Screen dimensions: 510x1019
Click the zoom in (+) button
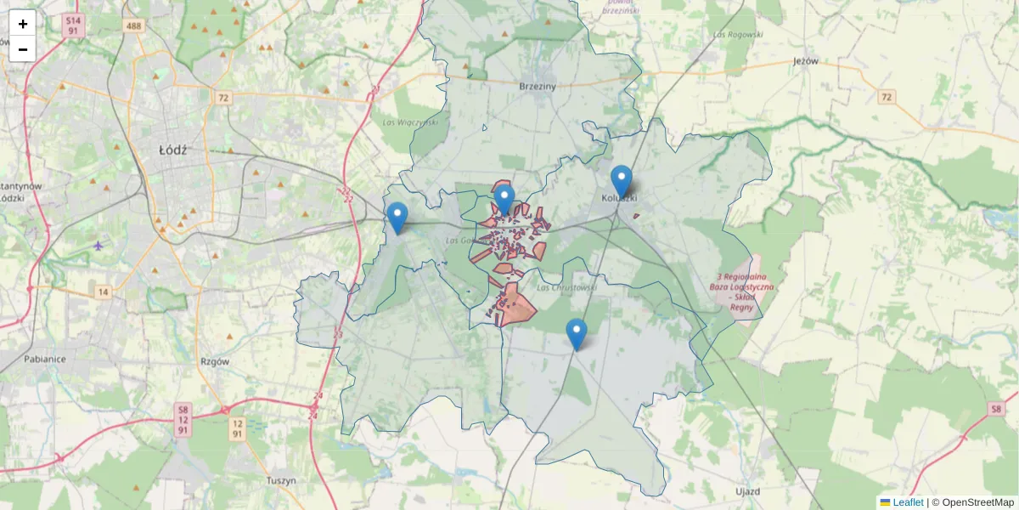23,24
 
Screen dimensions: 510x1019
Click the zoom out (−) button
23,49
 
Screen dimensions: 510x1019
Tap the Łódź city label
172,150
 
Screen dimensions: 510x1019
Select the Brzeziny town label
537,86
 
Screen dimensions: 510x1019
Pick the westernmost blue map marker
397,218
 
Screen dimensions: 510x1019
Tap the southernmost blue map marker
577,334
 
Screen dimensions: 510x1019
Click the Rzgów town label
215,360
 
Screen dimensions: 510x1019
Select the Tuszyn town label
280,480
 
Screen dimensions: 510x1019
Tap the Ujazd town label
747,491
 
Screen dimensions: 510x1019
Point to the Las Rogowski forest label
739,35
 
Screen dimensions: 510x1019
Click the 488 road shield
132,26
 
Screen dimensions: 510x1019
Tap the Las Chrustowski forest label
566,287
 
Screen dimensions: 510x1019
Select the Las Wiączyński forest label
410,122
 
